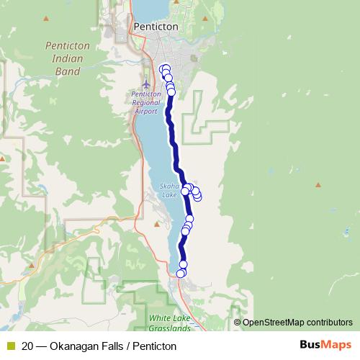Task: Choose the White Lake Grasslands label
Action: point(170,322)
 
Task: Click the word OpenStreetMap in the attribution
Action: point(276,323)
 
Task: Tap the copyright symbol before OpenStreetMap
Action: point(237,323)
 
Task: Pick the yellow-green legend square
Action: point(10,346)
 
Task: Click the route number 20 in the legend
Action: point(27,346)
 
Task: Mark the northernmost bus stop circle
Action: point(166,68)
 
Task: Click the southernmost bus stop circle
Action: point(181,274)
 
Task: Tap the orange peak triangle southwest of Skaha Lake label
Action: point(158,224)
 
